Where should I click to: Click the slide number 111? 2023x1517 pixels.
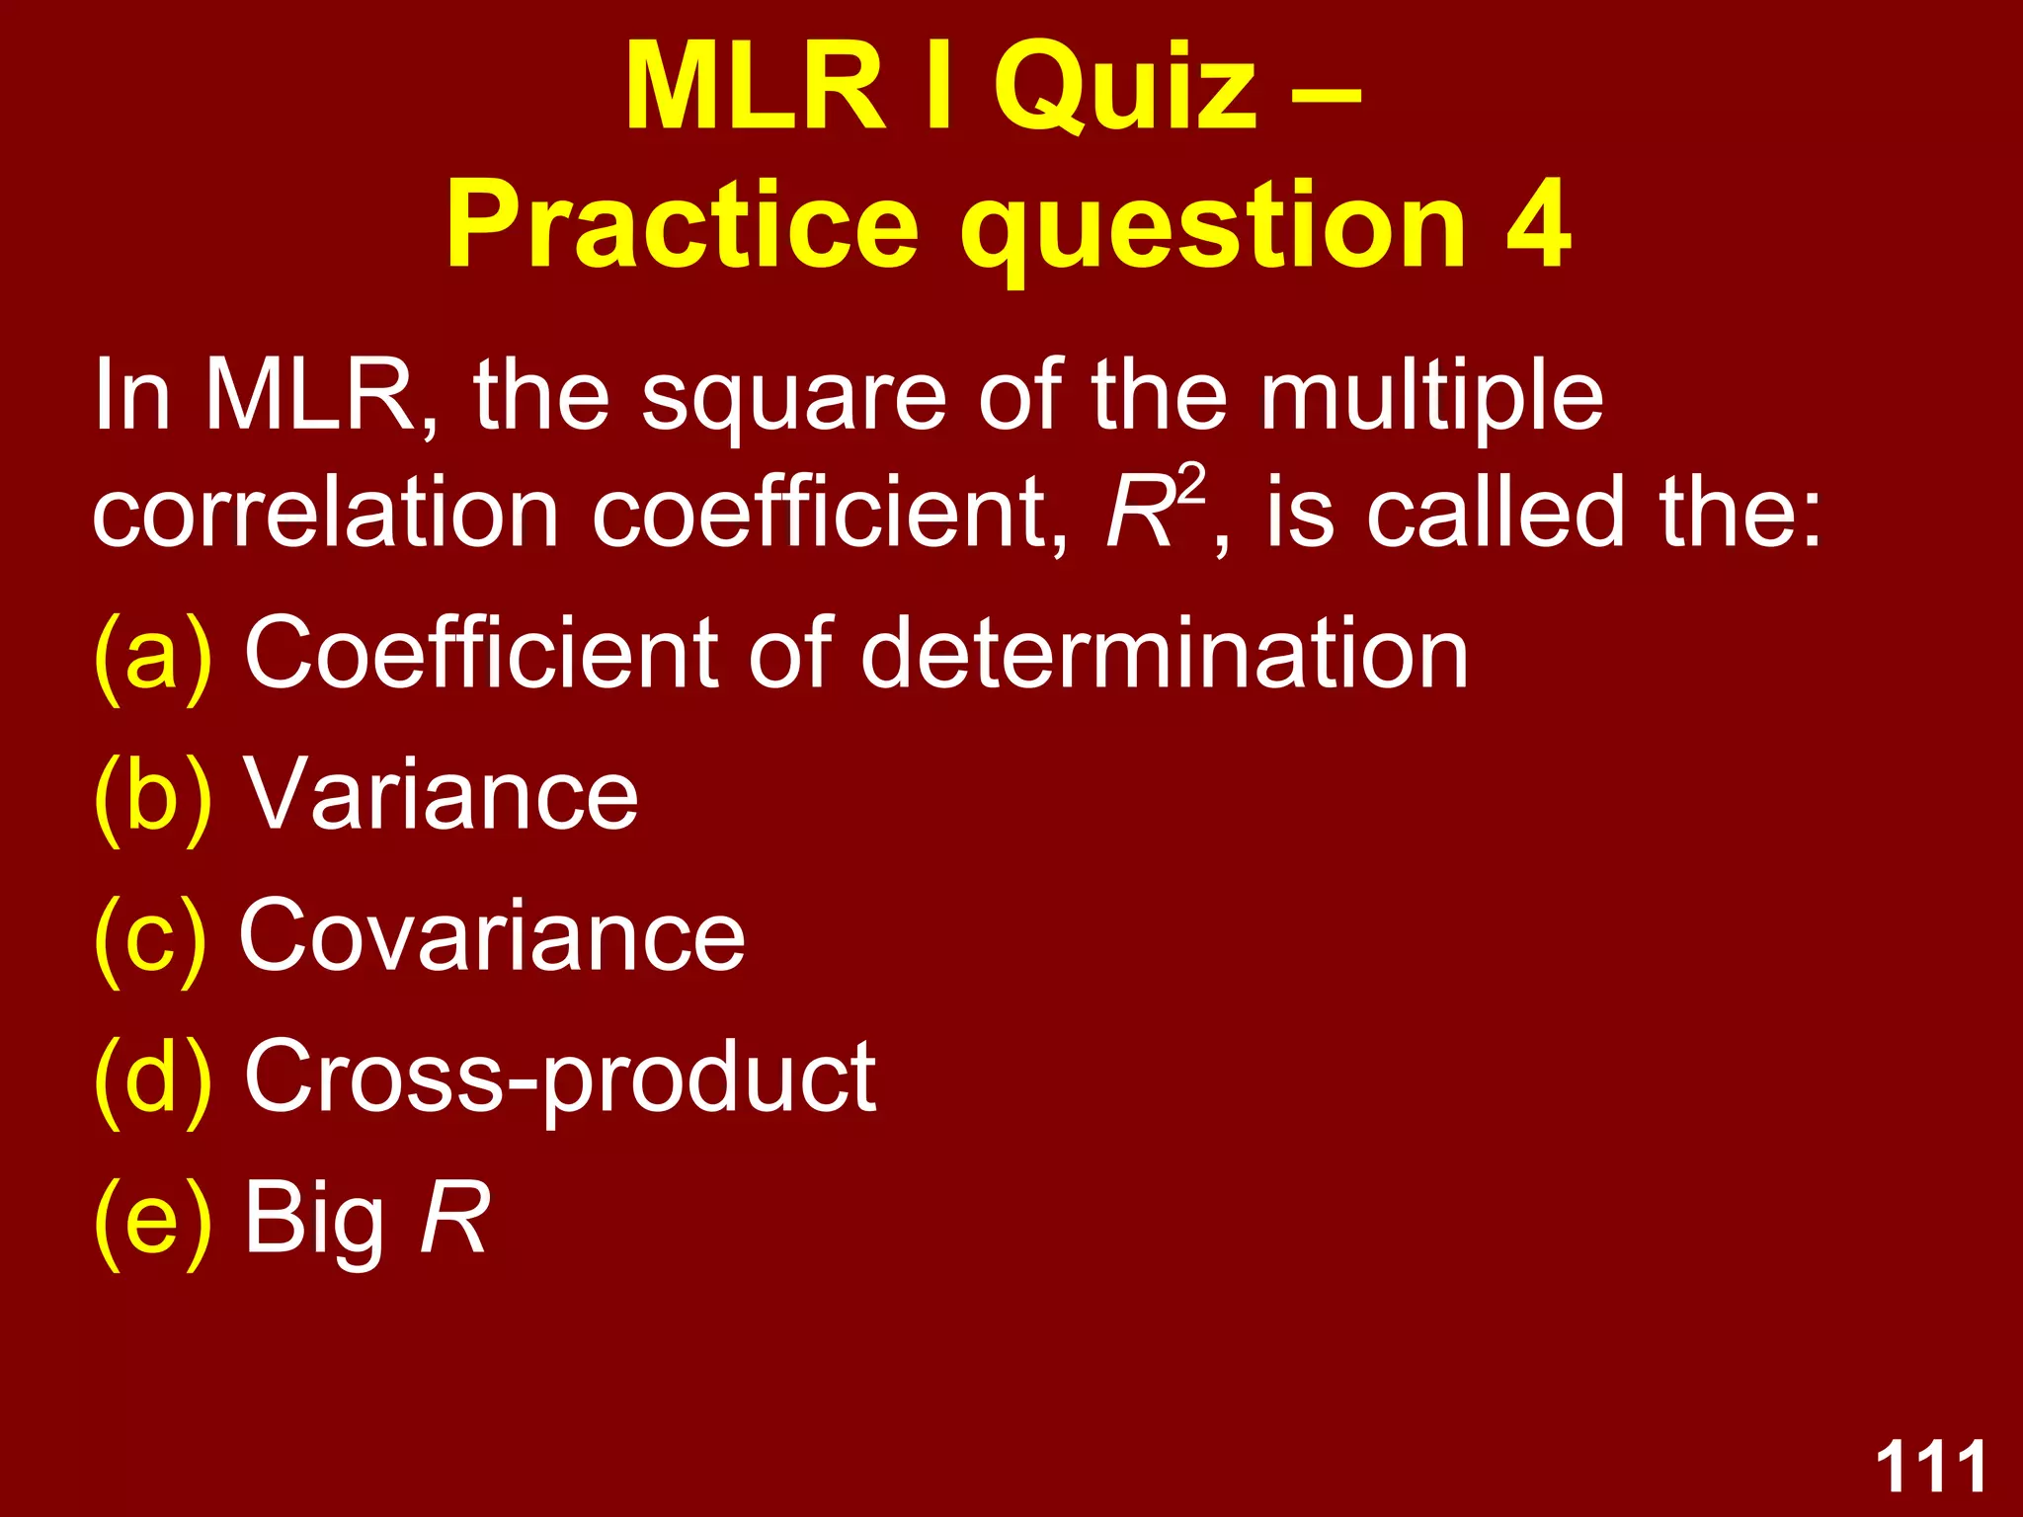pos(1930,1468)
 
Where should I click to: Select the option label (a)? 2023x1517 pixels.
pos(153,655)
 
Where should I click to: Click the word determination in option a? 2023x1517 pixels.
pos(1165,655)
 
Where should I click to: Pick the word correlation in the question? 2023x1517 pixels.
pos(326,514)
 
